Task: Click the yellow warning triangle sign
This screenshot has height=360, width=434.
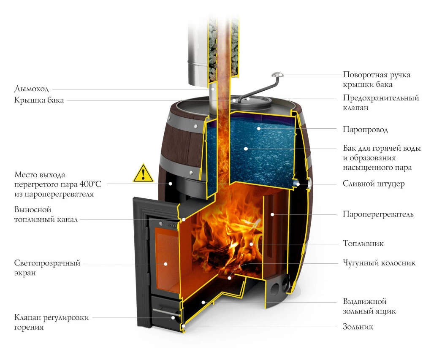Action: pos(144,173)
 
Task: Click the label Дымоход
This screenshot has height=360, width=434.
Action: pos(32,89)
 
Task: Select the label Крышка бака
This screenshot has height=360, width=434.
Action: pos(39,100)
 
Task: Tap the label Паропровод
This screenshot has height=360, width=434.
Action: pos(365,130)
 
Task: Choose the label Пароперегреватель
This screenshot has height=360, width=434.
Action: pos(378,214)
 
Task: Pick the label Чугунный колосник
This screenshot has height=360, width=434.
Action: pos(379,263)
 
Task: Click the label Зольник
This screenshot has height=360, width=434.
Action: pos(358,327)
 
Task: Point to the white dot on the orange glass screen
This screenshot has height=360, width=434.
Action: pos(165,263)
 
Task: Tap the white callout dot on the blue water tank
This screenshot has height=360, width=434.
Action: pos(244,148)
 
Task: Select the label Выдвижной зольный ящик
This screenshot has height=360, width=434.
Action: pos(369,307)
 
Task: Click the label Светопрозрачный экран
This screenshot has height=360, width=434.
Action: pos(47,268)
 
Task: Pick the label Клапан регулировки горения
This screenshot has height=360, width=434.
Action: pos(52,322)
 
